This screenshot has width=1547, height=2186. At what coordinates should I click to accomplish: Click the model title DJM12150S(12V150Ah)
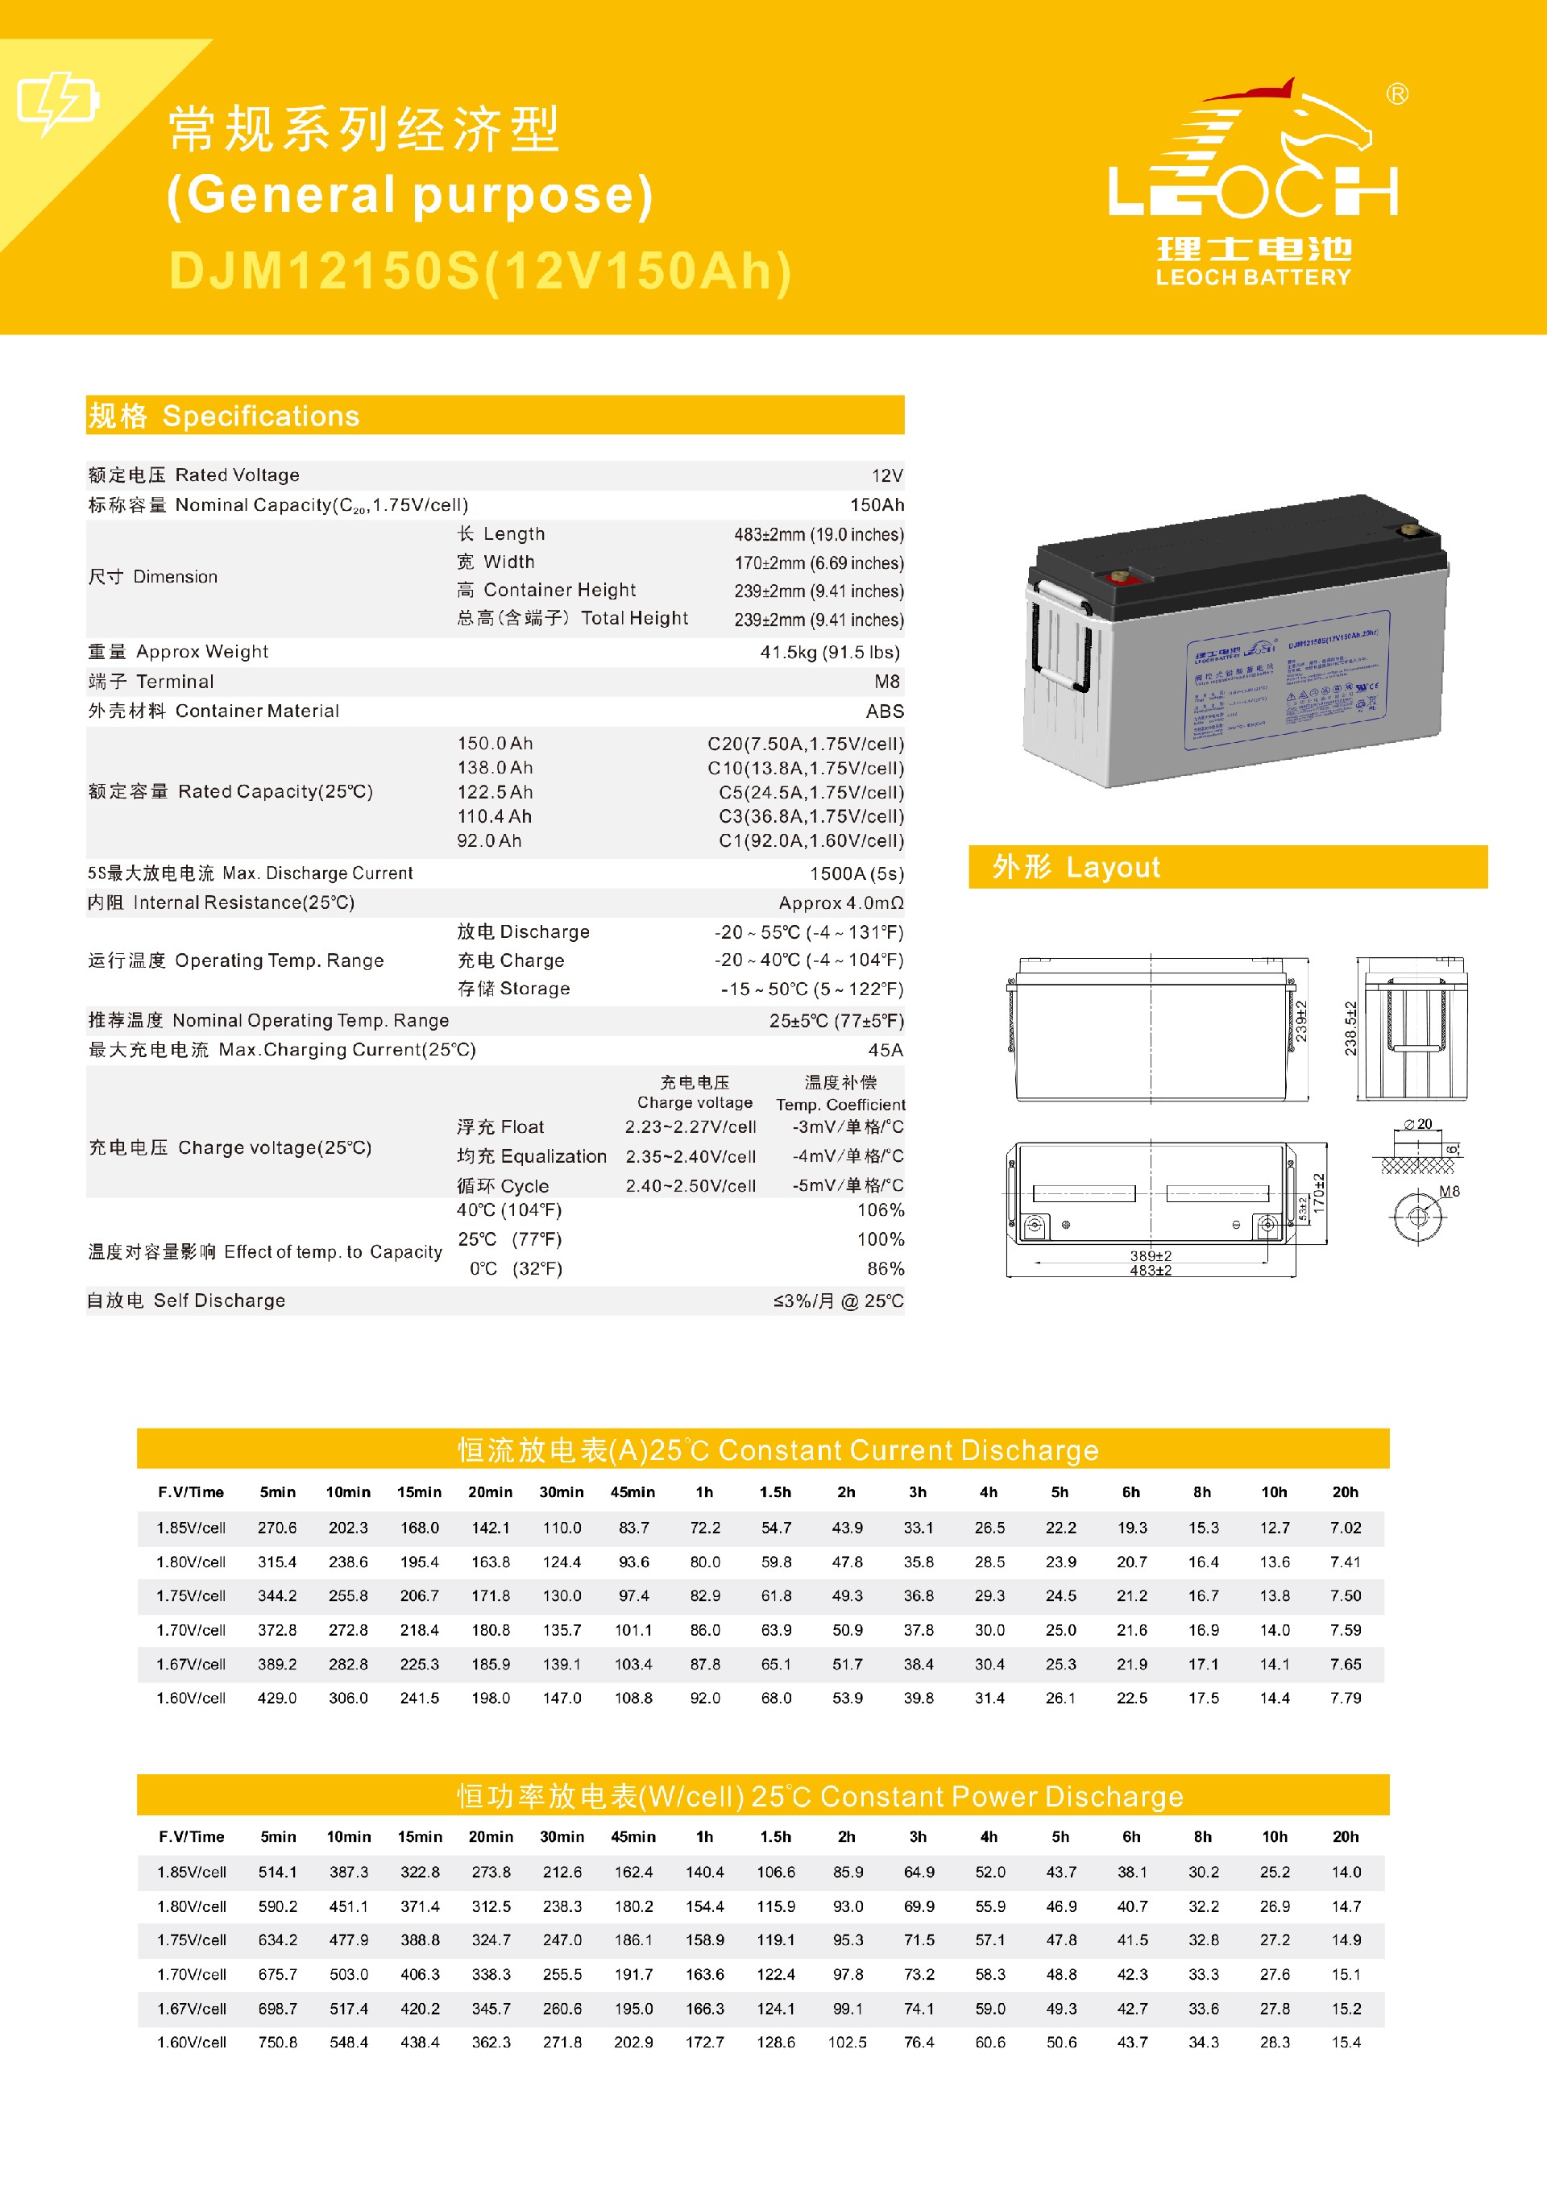point(480,272)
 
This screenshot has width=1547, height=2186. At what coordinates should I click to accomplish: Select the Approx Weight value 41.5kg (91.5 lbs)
point(829,653)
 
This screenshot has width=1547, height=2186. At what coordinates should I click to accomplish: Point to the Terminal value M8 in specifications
point(886,682)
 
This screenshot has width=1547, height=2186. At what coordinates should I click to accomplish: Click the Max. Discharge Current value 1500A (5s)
point(856,873)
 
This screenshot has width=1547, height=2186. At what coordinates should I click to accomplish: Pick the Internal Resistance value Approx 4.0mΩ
point(840,903)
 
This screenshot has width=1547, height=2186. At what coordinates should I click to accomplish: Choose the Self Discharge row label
point(187,1301)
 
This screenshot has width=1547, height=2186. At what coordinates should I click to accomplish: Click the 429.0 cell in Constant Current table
point(277,1699)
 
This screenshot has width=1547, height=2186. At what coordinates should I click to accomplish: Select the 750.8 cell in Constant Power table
point(277,2042)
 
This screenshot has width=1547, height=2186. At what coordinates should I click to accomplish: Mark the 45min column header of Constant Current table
point(632,1492)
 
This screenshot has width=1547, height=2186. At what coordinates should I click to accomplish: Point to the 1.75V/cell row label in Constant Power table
point(193,1940)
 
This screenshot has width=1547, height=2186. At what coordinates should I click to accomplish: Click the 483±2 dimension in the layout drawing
point(1151,1271)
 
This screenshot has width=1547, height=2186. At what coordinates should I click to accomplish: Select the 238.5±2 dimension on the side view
point(1350,1028)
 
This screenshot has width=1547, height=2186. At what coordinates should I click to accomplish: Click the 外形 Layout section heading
point(1076,868)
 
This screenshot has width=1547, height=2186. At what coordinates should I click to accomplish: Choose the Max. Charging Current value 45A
point(885,1051)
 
